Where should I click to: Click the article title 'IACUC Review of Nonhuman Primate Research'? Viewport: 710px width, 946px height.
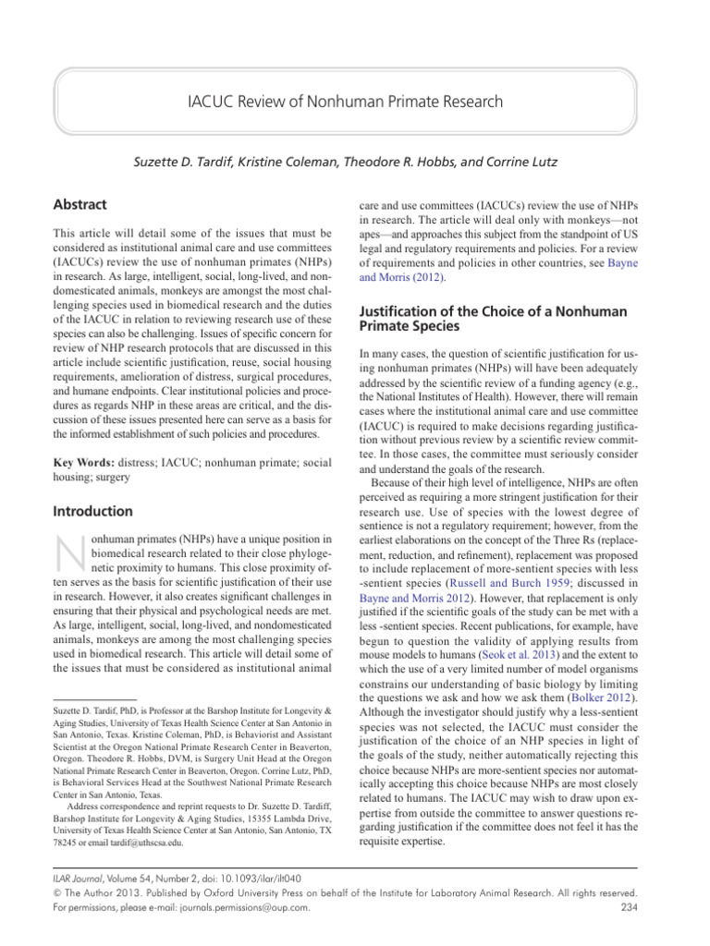click(355, 102)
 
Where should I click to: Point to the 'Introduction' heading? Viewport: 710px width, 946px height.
click(92, 511)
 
